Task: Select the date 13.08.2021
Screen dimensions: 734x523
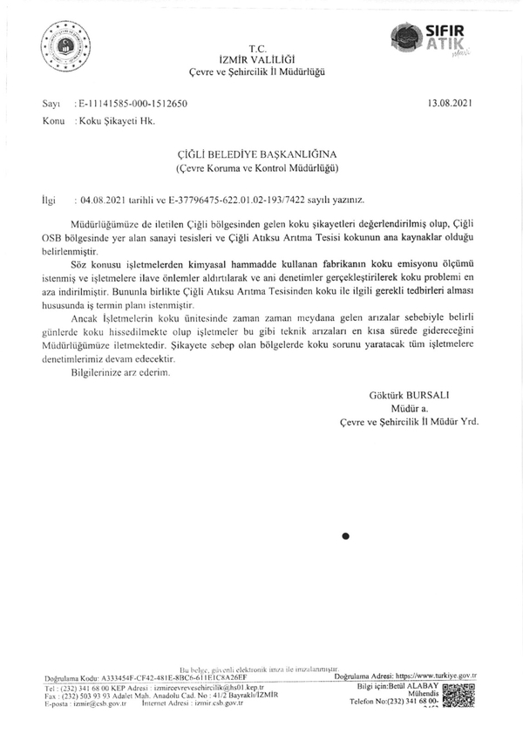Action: coord(450,103)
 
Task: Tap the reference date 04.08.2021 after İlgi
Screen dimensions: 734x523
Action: coord(103,199)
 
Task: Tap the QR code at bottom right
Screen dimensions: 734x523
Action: coord(458,699)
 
